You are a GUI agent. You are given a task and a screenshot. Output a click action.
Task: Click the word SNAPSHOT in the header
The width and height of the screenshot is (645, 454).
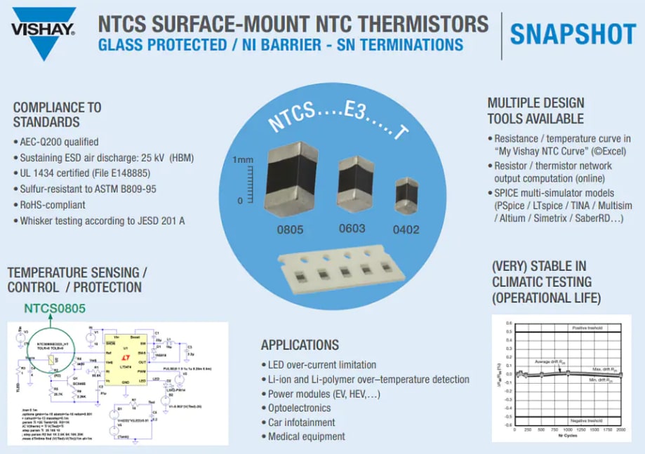tap(572, 34)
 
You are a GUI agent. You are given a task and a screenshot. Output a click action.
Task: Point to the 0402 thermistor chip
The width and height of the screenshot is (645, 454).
tap(405, 196)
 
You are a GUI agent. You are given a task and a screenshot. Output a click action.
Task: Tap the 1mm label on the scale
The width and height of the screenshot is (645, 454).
tap(243, 160)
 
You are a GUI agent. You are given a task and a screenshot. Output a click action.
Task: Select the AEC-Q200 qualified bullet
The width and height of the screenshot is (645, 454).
tap(60, 141)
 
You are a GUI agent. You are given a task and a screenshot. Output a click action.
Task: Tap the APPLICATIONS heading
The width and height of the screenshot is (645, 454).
tap(300, 345)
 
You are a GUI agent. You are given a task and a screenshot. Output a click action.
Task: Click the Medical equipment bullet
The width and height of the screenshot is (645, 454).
tap(306, 436)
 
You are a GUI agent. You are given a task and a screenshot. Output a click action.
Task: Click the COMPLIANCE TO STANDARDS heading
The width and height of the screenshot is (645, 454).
tap(57, 114)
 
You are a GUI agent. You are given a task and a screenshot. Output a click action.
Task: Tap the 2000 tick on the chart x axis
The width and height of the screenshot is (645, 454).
tap(620, 429)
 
